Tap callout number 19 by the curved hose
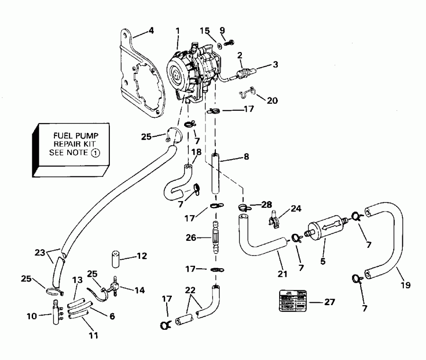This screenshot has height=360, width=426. click(x=407, y=285)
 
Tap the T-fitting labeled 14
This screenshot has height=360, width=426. click(x=114, y=287)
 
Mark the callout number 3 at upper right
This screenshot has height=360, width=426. click(x=274, y=64)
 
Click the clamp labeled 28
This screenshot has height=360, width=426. click(x=242, y=207)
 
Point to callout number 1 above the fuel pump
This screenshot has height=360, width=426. click(x=177, y=30)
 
